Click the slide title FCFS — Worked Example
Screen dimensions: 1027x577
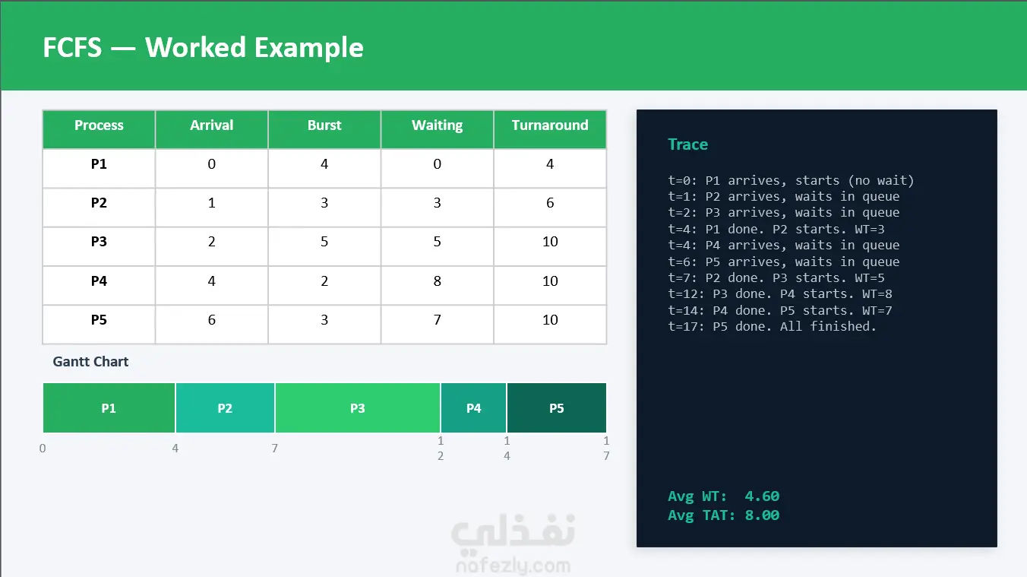(x=203, y=47)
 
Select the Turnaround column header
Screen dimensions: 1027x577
(x=550, y=125)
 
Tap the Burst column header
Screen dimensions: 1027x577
(x=324, y=125)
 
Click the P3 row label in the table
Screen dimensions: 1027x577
(x=99, y=242)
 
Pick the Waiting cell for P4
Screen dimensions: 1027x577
(x=437, y=281)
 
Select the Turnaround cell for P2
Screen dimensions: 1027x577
(x=550, y=203)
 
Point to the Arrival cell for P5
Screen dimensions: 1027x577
(x=211, y=320)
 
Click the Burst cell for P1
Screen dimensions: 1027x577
(x=324, y=163)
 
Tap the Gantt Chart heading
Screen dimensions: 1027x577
(x=90, y=362)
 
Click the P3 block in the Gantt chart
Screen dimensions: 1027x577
(x=358, y=407)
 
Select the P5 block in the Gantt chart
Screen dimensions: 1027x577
(x=557, y=407)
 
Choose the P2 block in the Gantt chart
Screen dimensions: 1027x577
(x=225, y=407)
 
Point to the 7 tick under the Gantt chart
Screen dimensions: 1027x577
(x=274, y=448)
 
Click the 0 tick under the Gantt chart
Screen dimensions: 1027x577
(x=43, y=448)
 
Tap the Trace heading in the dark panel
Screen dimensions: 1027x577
(x=687, y=144)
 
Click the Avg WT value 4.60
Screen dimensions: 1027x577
(x=762, y=496)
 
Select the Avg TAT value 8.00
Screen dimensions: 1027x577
(x=762, y=515)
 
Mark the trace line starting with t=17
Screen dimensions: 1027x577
(x=772, y=327)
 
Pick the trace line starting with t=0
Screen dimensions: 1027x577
(x=791, y=180)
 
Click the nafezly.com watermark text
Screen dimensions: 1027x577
(x=513, y=566)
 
